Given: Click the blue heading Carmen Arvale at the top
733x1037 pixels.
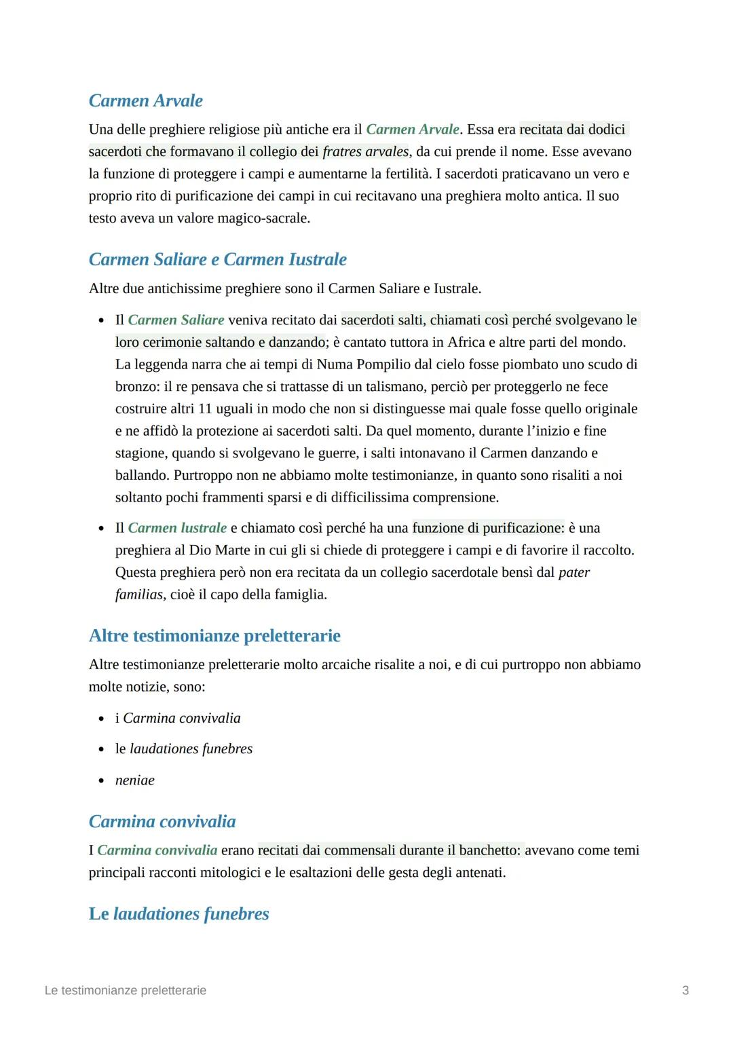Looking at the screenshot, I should coord(145,100).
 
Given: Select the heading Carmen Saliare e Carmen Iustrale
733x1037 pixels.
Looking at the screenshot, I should coord(217,259).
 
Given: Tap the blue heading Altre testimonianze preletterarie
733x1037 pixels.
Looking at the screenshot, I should coord(214,636).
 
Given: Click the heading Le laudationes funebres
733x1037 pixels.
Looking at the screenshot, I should coord(178,913).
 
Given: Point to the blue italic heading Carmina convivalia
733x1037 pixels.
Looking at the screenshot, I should coord(162,821).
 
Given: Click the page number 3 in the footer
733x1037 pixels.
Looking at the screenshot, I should coord(685,990).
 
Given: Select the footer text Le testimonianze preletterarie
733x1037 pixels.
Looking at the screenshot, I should coord(125,990).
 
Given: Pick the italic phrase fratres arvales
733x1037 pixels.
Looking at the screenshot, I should coord(366,151).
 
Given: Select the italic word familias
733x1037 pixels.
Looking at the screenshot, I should coord(139,595).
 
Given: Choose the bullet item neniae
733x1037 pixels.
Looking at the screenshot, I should coord(134,780).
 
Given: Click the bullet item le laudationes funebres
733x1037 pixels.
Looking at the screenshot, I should coord(183,749).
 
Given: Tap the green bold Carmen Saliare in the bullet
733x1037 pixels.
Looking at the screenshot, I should coord(176,320).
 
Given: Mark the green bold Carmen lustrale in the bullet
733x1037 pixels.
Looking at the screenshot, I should coord(177,528).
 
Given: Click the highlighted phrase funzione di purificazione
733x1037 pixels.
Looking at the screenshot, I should coord(487,528).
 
